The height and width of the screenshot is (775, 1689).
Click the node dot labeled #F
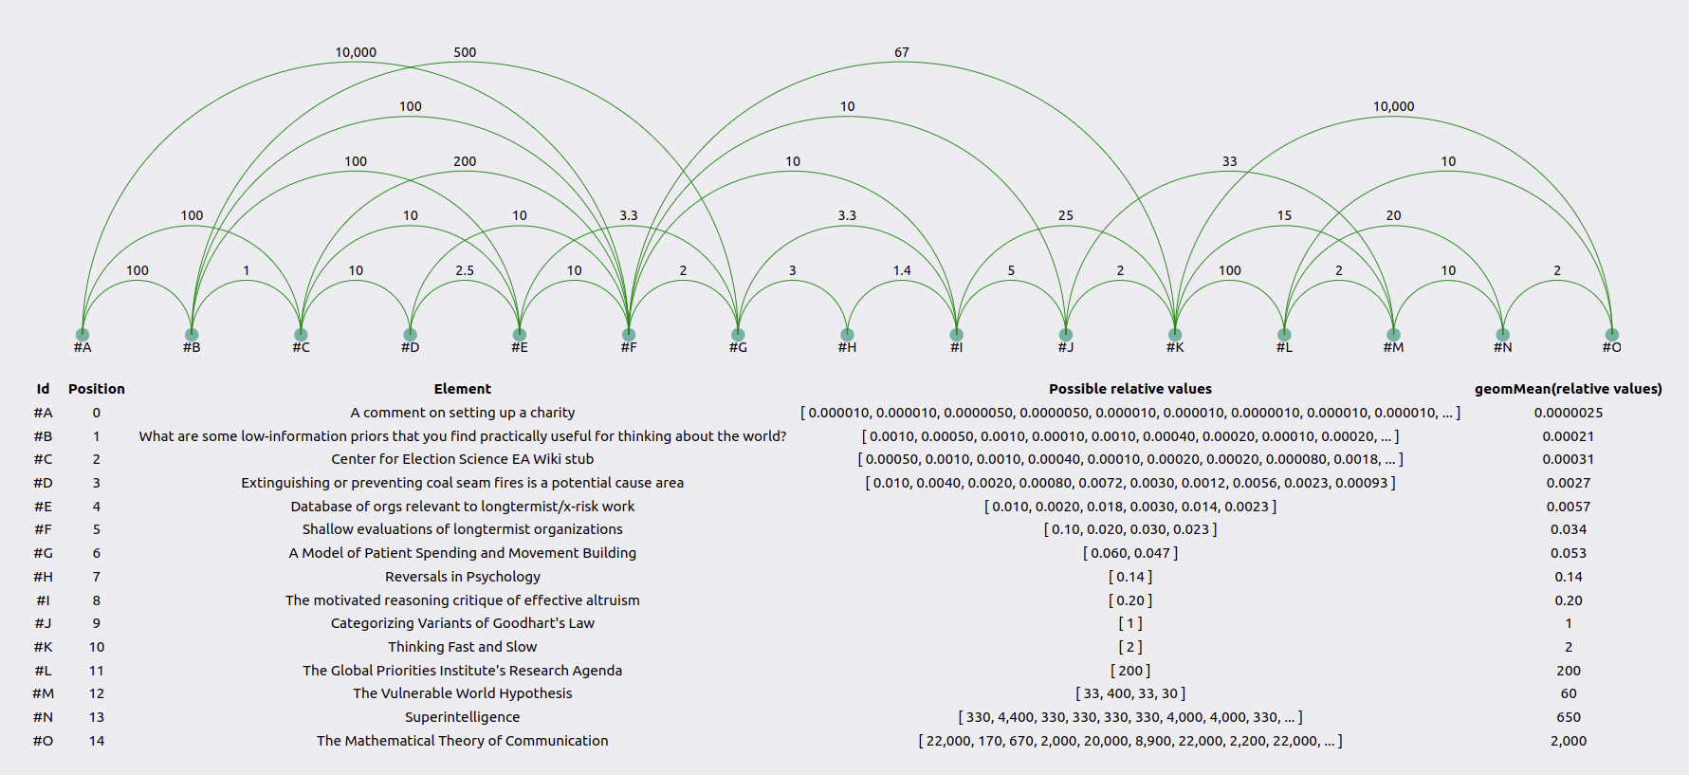629,334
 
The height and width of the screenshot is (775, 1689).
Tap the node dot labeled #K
1175,334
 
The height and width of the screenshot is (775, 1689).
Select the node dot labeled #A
83,334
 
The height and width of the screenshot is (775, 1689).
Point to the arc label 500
465,52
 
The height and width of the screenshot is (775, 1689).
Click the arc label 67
902,52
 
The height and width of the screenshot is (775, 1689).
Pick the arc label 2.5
465,270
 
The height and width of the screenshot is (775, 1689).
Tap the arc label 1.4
902,270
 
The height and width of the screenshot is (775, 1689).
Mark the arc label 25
1066,215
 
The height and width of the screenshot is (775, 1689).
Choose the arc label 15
1284,215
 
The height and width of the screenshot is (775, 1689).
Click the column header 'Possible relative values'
1130,389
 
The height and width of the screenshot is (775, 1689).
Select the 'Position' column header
97,389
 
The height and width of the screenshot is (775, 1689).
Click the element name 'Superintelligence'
463,717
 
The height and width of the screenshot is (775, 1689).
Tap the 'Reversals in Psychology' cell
463,577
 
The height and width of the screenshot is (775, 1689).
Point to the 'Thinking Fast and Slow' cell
463,647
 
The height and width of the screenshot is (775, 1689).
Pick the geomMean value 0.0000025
1569,413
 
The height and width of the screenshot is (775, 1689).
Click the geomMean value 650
1569,717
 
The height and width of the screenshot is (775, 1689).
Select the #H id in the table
44,577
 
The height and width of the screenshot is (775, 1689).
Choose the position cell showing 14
97,741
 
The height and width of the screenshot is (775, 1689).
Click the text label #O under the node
1612,347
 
